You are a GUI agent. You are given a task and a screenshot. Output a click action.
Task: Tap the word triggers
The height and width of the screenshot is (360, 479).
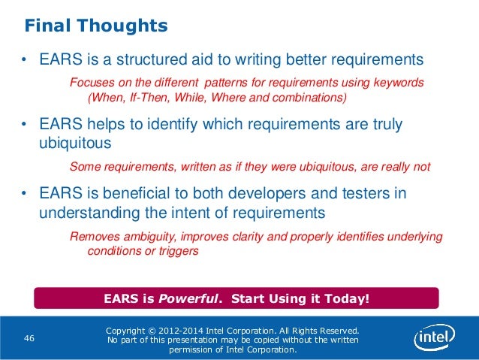pyautogui.click(x=178, y=252)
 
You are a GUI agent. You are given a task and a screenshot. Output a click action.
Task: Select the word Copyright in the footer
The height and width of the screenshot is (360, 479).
pyautogui.click(x=131, y=331)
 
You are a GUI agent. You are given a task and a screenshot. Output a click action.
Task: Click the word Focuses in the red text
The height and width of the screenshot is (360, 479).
pyautogui.click(x=89, y=82)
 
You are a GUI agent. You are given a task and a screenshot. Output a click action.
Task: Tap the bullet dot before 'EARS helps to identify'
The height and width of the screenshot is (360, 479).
pyautogui.click(x=24, y=125)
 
